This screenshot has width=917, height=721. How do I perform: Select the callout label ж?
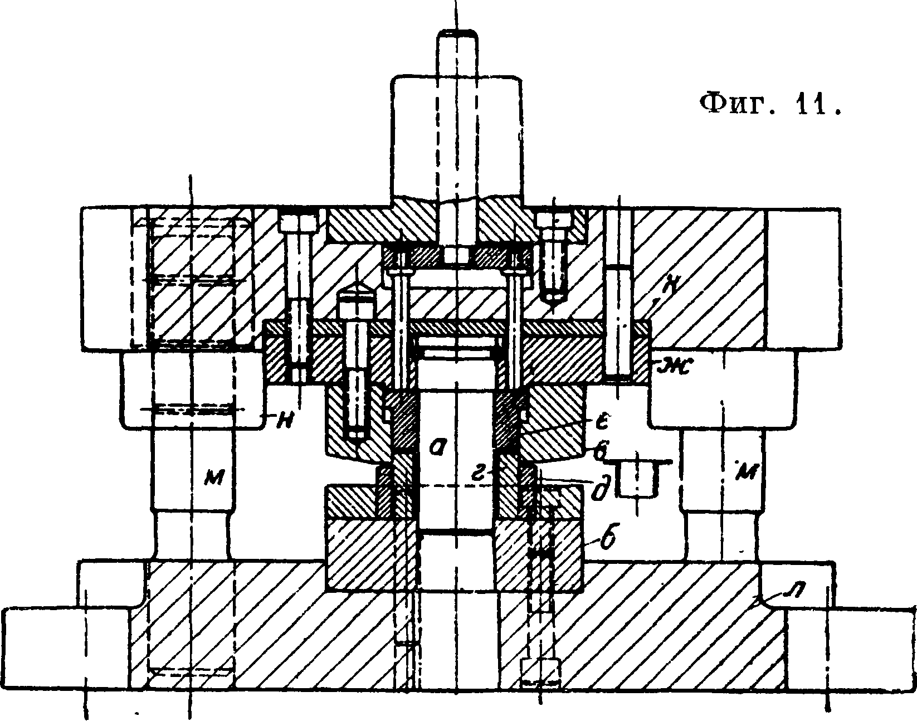[x=674, y=365]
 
